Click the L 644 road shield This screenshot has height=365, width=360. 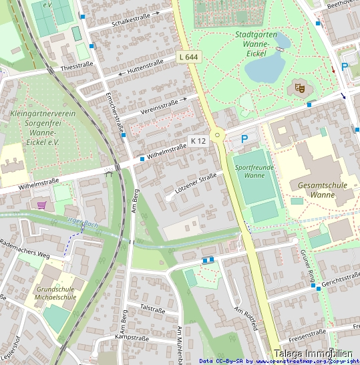tap(189, 57)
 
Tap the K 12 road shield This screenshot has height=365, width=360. tap(198, 141)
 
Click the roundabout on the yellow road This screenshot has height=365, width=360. tap(217, 136)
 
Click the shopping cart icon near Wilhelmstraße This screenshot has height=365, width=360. tap(42, 205)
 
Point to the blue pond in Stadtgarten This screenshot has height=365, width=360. tap(264, 65)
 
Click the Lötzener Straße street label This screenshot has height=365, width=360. tap(195, 182)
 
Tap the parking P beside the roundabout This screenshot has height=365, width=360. tap(244, 139)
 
